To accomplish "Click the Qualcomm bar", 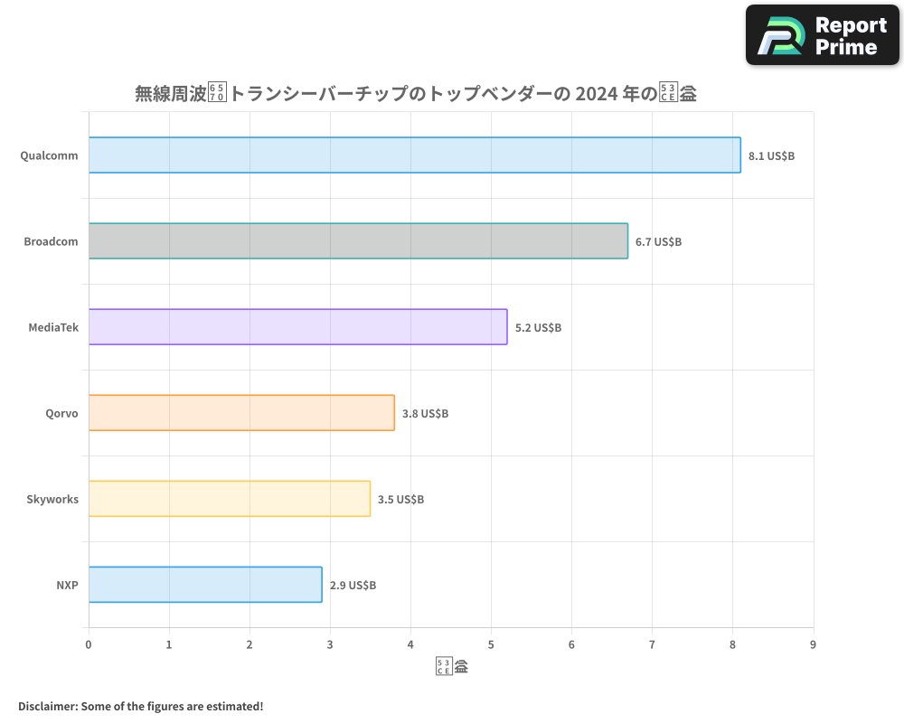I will pyautogui.click(x=414, y=155).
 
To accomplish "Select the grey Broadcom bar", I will pyautogui.click(x=358, y=241).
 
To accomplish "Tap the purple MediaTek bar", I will pyautogui.click(x=297, y=327).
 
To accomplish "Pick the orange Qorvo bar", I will pyautogui.click(x=241, y=413).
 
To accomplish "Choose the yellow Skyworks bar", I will pyautogui.click(x=230, y=499).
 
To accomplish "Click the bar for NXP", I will pyautogui.click(x=205, y=585).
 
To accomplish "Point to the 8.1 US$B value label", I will pyautogui.click(x=771, y=156).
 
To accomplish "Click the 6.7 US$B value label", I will pyautogui.click(x=658, y=242).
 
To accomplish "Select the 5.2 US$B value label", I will pyautogui.click(x=538, y=328).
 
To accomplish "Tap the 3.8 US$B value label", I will pyautogui.click(x=425, y=414).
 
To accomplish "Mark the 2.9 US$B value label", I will pyautogui.click(x=353, y=586).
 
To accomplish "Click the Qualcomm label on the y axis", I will pyautogui.click(x=49, y=155).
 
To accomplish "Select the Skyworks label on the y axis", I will pyautogui.click(x=52, y=499).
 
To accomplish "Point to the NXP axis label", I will pyautogui.click(x=67, y=585).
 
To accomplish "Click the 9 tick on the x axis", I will pyautogui.click(x=813, y=644).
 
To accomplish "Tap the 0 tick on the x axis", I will pyautogui.click(x=89, y=644).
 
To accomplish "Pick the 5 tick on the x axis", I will pyautogui.click(x=491, y=644).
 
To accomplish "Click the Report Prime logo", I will pyautogui.click(x=823, y=35).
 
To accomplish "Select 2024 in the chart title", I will pyautogui.click(x=598, y=93).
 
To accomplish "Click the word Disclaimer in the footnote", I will pyautogui.click(x=47, y=706).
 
